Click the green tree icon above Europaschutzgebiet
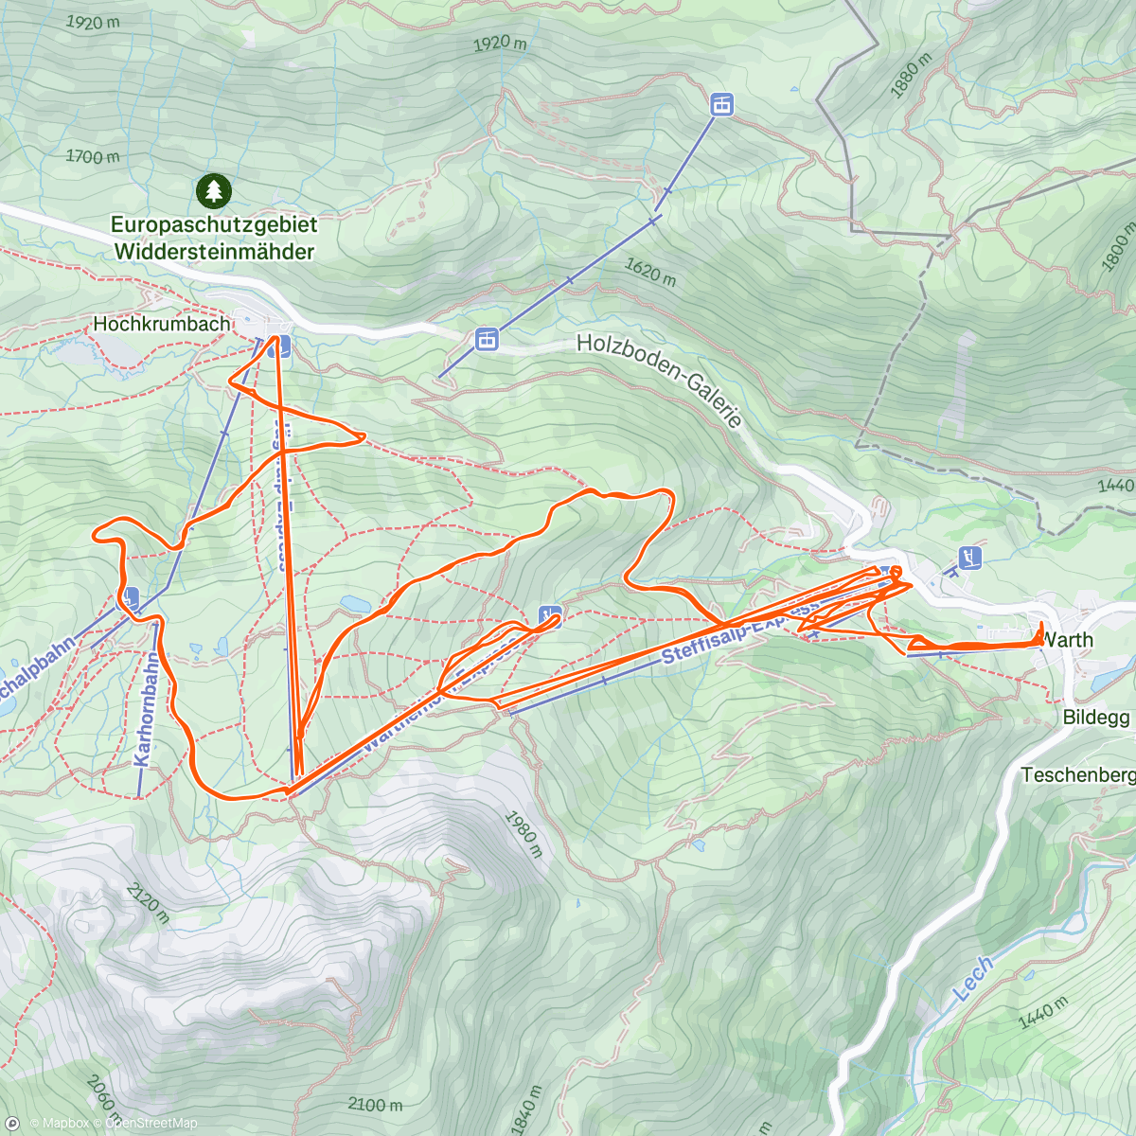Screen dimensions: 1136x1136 tap(214, 190)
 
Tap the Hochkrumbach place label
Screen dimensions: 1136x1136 tap(161, 324)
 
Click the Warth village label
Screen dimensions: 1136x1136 tap(1067, 640)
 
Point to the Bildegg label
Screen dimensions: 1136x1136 tap(1096, 717)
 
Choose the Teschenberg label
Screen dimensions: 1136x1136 tap(1077, 775)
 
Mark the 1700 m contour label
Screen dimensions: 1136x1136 tap(93, 156)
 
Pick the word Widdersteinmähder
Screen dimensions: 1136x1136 tap(214, 252)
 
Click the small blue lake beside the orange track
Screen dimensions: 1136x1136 tap(357, 603)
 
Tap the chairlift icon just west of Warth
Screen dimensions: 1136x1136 tap(970, 558)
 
